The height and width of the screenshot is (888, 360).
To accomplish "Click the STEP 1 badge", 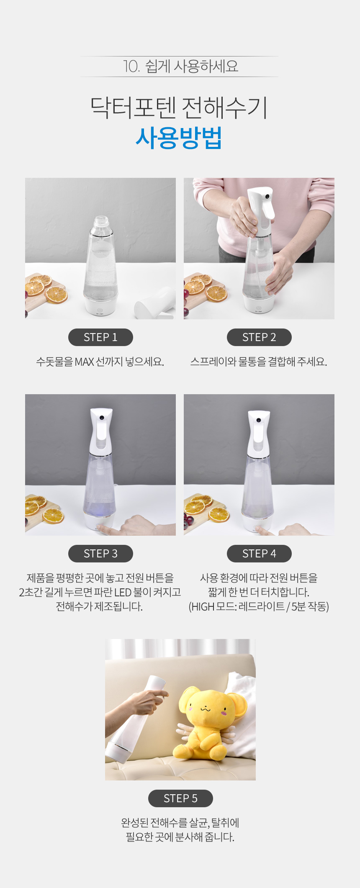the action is click(x=100, y=337).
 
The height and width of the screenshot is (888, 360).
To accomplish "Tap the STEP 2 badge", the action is click(x=259, y=337).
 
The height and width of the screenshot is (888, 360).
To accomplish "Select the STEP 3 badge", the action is click(x=100, y=554).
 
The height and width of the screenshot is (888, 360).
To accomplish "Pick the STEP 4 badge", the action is click(x=259, y=554).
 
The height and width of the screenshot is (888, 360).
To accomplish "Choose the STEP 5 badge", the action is click(x=180, y=798).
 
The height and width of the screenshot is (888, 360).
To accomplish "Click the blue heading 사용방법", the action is click(x=179, y=138).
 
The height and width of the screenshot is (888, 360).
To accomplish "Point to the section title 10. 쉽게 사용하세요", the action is click(x=180, y=66).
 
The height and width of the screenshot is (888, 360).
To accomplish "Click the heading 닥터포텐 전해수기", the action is click(x=179, y=108).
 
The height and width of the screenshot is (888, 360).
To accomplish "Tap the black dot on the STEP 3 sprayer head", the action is click(x=102, y=418).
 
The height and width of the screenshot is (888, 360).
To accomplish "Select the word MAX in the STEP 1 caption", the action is click(x=84, y=362).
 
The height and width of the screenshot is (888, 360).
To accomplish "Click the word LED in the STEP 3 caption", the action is click(x=123, y=592).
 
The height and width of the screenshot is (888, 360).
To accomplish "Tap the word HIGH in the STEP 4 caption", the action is click(x=203, y=606).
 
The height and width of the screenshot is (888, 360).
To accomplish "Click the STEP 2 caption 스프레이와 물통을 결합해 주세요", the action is click(x=259, y=362).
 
